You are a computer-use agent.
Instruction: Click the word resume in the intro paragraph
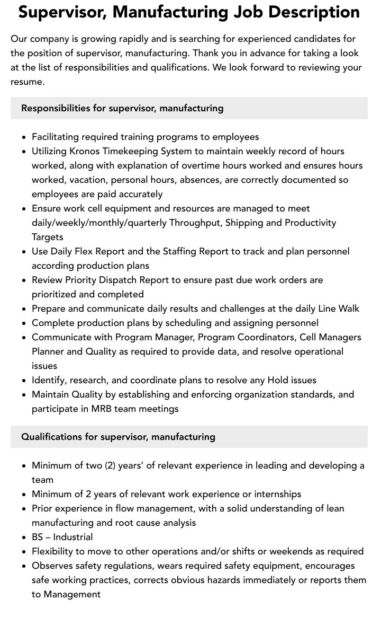[28, 82]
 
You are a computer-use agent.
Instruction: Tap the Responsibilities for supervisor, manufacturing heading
[122, 108]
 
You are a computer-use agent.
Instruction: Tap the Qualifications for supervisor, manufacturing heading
[118, 437]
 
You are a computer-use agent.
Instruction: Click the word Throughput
[195, 223]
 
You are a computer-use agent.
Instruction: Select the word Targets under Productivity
[47, 237]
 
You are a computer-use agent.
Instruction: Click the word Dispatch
[119, 280]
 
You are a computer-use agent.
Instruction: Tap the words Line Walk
[339, 308]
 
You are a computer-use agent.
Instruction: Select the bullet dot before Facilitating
[24, 137]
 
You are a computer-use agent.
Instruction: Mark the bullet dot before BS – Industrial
[24, 537]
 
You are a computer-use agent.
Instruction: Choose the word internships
[278, 494]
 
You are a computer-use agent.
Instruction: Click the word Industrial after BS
[73, 537]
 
